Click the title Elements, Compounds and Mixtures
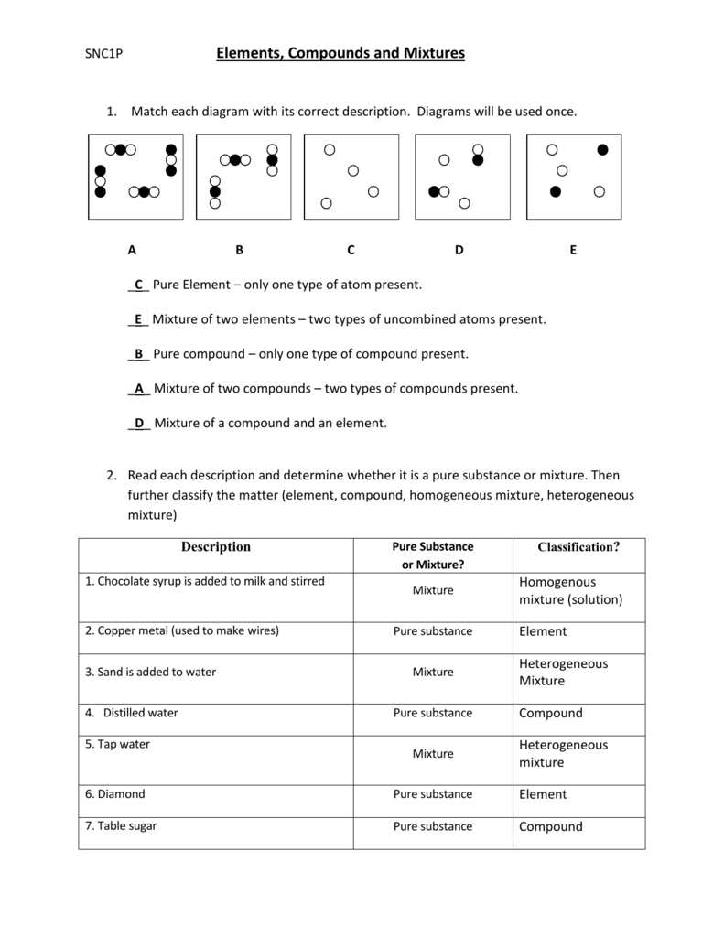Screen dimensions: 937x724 coord(340,53)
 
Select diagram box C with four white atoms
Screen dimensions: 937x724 coord(351,177)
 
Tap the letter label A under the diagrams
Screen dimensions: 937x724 coord(132,249)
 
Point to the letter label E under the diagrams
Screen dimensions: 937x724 coord(573,249)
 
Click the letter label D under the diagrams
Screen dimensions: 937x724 coord(459,249)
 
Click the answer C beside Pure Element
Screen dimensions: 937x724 coord(139,285)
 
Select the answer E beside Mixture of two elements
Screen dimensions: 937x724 coord(138,319)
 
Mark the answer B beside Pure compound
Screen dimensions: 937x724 coord(139,354)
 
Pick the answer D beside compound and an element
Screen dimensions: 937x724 coord(139,423)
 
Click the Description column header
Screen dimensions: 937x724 coord(215,547)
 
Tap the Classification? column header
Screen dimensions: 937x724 coord(578,547)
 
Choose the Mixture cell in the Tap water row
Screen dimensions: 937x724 coord(433,753)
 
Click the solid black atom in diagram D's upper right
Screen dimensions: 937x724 coord(478,160)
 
